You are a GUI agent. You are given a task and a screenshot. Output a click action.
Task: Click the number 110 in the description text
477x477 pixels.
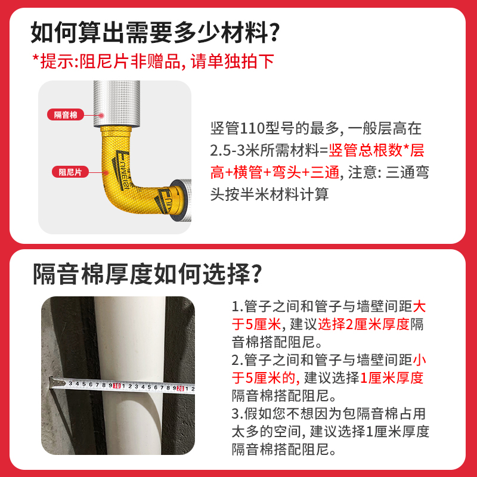pos(252,128)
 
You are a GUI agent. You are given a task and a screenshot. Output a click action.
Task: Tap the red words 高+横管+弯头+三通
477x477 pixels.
pos(274,172)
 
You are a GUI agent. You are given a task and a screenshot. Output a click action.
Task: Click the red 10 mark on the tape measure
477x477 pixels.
pos(117,385)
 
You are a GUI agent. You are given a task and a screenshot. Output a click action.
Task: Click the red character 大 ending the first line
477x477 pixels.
pos(420,307)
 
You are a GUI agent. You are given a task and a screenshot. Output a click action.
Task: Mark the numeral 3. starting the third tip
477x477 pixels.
pos(236,413)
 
